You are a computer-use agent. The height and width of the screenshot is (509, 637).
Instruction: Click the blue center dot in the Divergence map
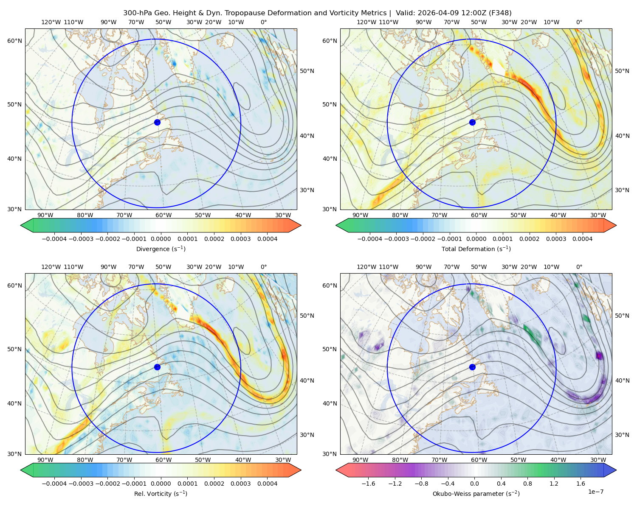click(x=157, y=122)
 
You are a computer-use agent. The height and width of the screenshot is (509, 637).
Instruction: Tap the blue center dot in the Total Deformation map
click(x=472, y=122)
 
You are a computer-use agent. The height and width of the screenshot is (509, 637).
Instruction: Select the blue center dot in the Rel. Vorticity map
click(x=157, y=367)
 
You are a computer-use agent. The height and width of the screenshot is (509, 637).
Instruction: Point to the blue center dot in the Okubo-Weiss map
click(x=472, y=367)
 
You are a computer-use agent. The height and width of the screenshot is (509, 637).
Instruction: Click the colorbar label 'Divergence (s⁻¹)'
click(x=161, y=249)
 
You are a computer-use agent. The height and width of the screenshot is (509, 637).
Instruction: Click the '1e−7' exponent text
click(x=595, y=492)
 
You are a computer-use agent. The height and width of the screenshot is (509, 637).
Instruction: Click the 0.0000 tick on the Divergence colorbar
click(x=161, y=239)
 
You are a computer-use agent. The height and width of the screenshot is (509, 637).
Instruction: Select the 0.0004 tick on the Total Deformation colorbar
click(x=582, y=239)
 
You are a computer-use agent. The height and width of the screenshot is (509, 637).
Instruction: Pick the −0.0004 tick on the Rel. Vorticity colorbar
click(x=54, y=484)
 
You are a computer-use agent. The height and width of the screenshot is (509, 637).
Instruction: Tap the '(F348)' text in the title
click(x=500, y=13)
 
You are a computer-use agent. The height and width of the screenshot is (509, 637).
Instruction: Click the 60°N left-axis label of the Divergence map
click(x=14, y=41)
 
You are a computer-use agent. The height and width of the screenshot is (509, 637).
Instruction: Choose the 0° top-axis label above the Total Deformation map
click(x=579, y=22)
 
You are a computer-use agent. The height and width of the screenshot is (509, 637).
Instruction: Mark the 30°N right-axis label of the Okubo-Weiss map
click(x=622, y=435)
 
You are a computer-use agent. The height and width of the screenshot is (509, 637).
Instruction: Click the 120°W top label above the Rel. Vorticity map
click(x=51, y=267)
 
